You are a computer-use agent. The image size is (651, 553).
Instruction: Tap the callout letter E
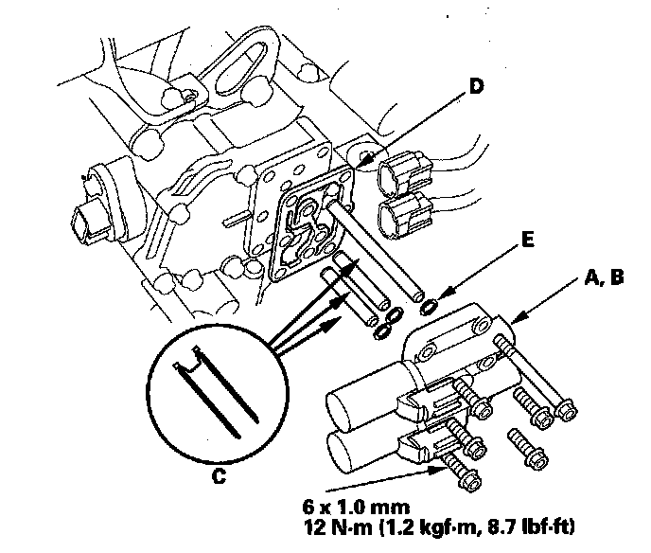527,240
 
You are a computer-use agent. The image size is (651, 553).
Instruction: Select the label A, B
604,277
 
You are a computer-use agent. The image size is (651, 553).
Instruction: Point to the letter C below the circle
219,475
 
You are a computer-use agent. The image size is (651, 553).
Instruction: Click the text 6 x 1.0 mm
356,508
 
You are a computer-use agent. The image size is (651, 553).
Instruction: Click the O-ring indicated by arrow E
429,306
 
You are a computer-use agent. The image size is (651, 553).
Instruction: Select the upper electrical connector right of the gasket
405,172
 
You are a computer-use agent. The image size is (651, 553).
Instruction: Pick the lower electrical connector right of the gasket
405,215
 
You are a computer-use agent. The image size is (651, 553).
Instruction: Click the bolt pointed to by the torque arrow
461,473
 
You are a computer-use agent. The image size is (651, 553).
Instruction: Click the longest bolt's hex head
566,410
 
